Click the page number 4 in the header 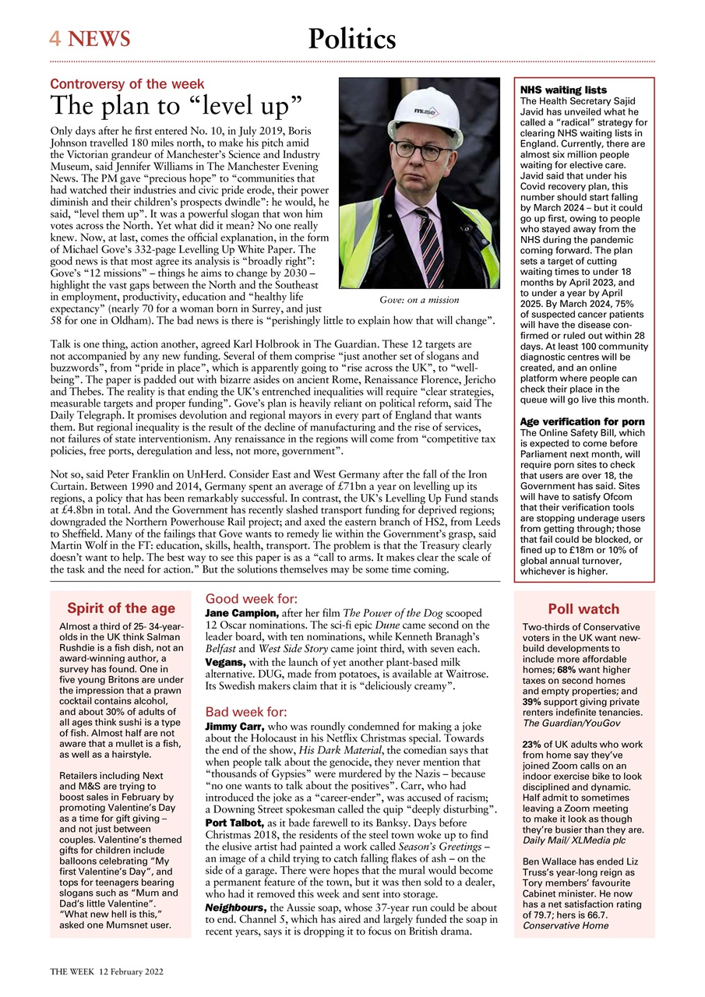[55, 38]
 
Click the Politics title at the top [351, 38]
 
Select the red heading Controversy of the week [127, 84]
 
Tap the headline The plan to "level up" [176, 106]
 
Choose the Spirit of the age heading [121, 608]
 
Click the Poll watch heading [583, 609]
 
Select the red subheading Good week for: [251, 599]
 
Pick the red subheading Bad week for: [246, 712]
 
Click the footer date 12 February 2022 [130, 973]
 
